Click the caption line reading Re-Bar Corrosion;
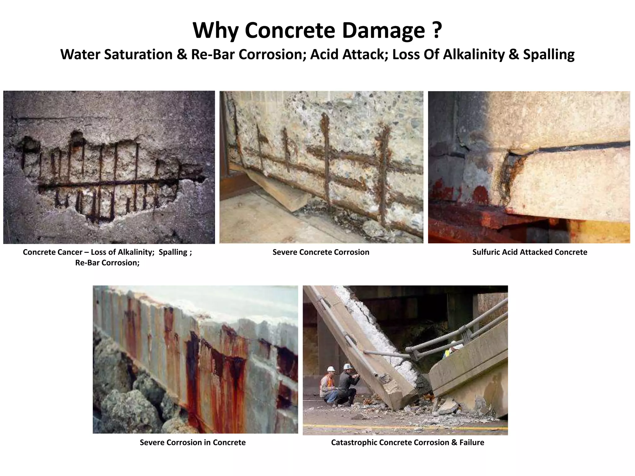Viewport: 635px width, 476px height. click(107, 263)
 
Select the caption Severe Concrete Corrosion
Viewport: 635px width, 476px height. click(321, 252)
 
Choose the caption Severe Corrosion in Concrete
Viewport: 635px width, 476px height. click(193, 443)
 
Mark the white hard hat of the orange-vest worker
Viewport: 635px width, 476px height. click(331, 369)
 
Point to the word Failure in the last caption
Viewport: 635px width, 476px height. click(472, 443)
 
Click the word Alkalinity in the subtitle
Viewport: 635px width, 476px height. click(474, 55)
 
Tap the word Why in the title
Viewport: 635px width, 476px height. click(215, 30)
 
